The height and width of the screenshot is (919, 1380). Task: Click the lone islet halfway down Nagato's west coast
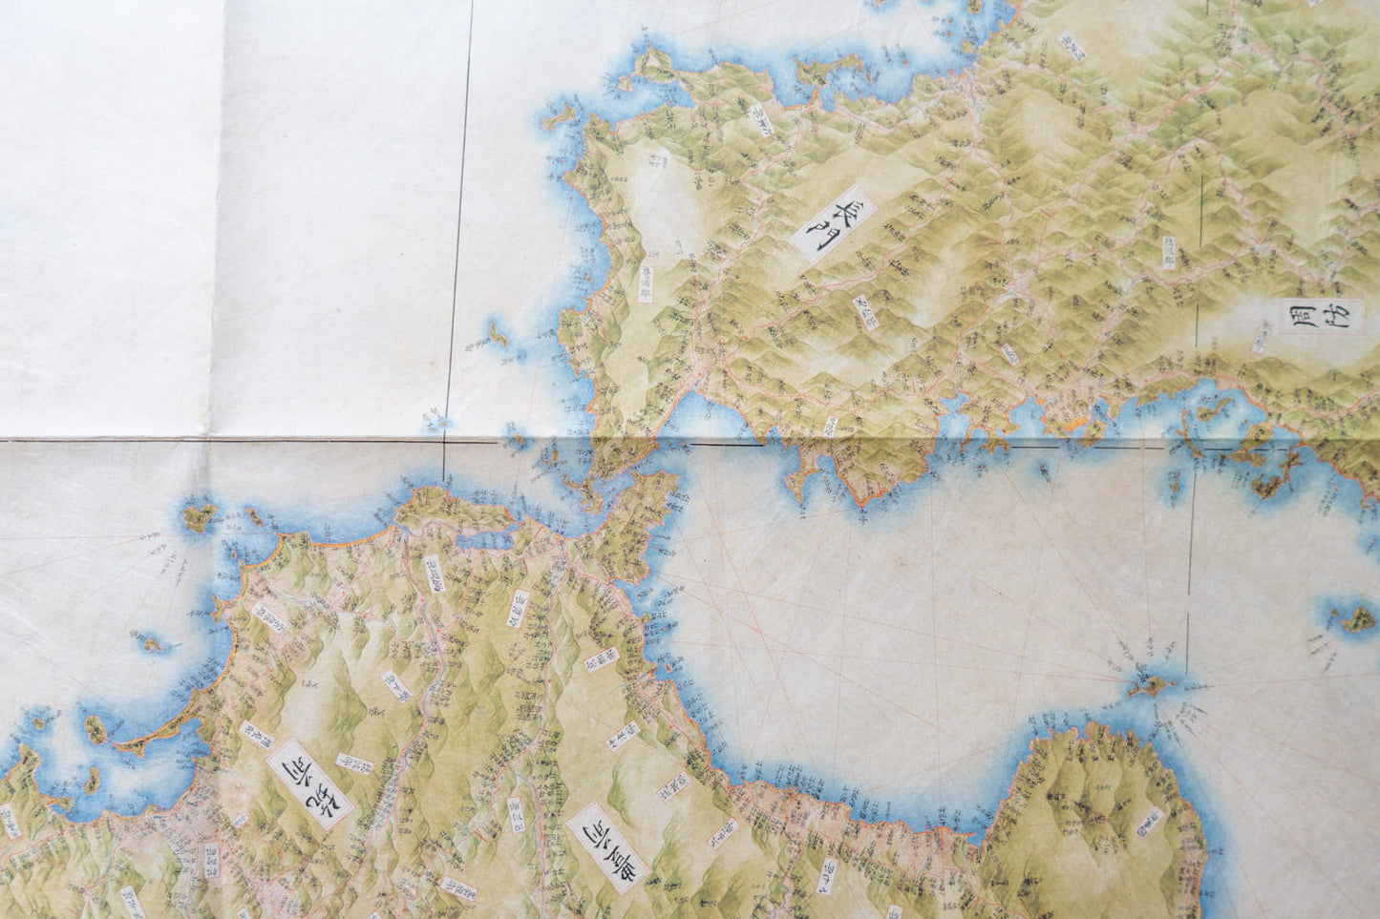(x=496, y=333)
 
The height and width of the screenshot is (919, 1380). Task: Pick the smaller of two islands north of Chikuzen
(x=255, y=516)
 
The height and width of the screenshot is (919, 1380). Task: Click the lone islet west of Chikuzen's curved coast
(x=151, y=642)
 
